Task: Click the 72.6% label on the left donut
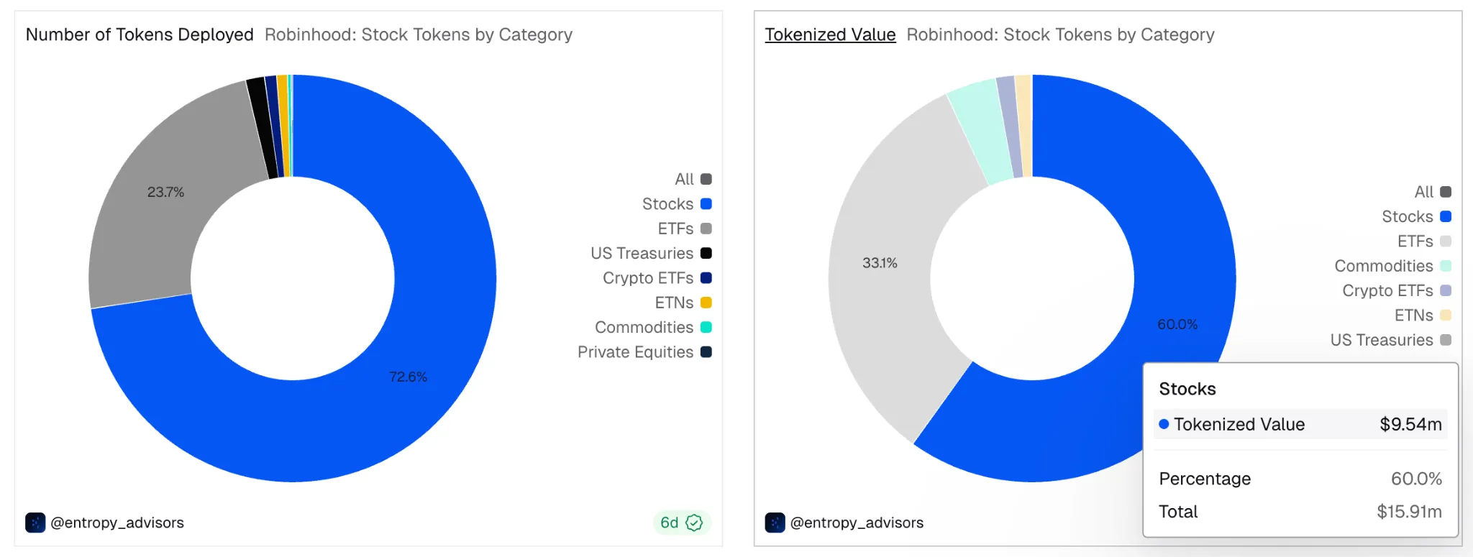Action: pyautogui.click(x=408, y=377)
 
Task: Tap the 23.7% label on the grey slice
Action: pyautogui.click(x=165, y=192)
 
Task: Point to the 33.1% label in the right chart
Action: pyautogui.click(x=880, y=263)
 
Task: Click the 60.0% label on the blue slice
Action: pyautogui.click(x=1177, y=324)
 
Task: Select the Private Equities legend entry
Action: pyautogui.click(x=644, y=352)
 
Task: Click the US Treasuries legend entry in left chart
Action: pyautogui.click(x=650, y=253)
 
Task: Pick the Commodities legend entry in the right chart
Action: pyautogui.click(x=1392, y=266)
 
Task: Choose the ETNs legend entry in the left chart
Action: pyautogui.click(x=683, y=303)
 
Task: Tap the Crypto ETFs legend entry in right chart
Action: pyautogui.click(x=1396, y=290)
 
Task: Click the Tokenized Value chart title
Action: pyautogui.click(x=830, y=34)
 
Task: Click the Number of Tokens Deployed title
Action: pyautogui.click(x=140, y=34)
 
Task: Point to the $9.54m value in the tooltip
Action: pyautogui.click(x=1410, y=424)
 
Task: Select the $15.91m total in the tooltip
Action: pyautogui.click(x=1409, y=512)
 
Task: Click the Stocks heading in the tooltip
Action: pyautogui.click(x=1187, y=389)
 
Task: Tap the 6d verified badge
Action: pyautogui.click(x=681, y=523)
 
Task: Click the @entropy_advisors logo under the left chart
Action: pyautogui.click(x=35, y=523)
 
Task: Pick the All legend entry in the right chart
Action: pyautogui.click(x=1432, y=192)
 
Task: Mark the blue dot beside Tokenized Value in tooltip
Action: pyautogui.click(x=1164, y=424)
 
